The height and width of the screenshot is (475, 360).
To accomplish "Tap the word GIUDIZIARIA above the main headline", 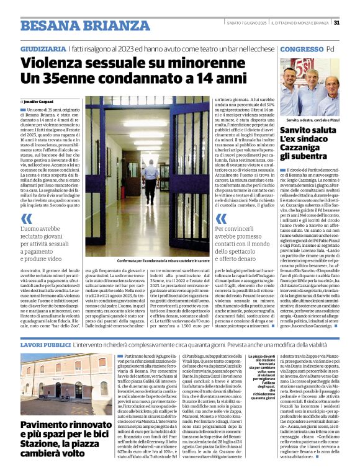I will click(x=43, y=48).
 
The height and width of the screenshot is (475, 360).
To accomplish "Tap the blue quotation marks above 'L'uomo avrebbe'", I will click(x=26, y=218).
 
